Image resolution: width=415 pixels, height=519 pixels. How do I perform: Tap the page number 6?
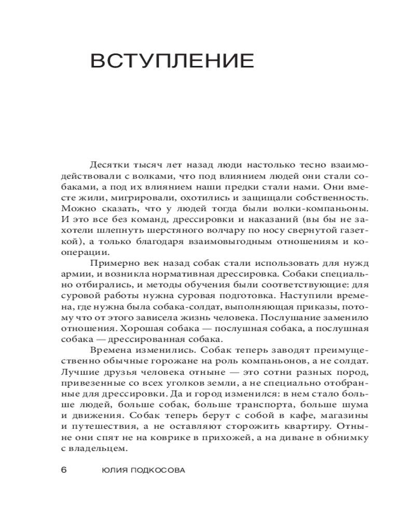[x=64, y=470]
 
